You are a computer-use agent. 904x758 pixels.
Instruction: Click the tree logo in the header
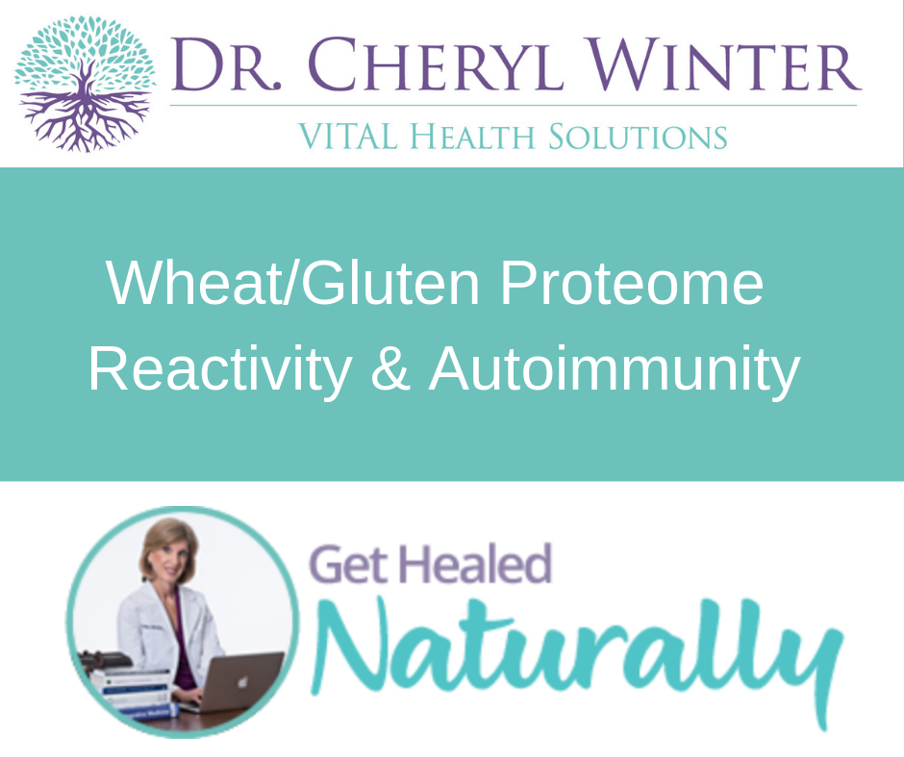pos(85,83)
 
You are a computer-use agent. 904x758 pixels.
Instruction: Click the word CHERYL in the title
pos(436,64)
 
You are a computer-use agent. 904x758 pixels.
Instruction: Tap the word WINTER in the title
pos(723,64)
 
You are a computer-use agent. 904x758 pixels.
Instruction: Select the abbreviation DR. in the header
pos(227,64)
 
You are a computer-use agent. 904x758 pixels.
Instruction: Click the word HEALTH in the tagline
pos(472,137)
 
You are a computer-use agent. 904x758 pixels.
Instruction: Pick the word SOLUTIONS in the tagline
pos(637,137)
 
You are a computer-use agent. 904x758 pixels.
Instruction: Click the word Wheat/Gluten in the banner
pos(293,283)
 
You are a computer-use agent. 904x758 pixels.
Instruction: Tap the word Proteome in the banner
pos(632,284)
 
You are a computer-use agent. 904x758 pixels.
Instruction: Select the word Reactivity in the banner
pos(220,370)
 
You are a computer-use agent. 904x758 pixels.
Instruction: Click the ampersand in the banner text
pos(390,369)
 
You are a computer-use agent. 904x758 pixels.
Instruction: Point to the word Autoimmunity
pos(615,370)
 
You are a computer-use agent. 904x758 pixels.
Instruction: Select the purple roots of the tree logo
pos(85,118)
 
